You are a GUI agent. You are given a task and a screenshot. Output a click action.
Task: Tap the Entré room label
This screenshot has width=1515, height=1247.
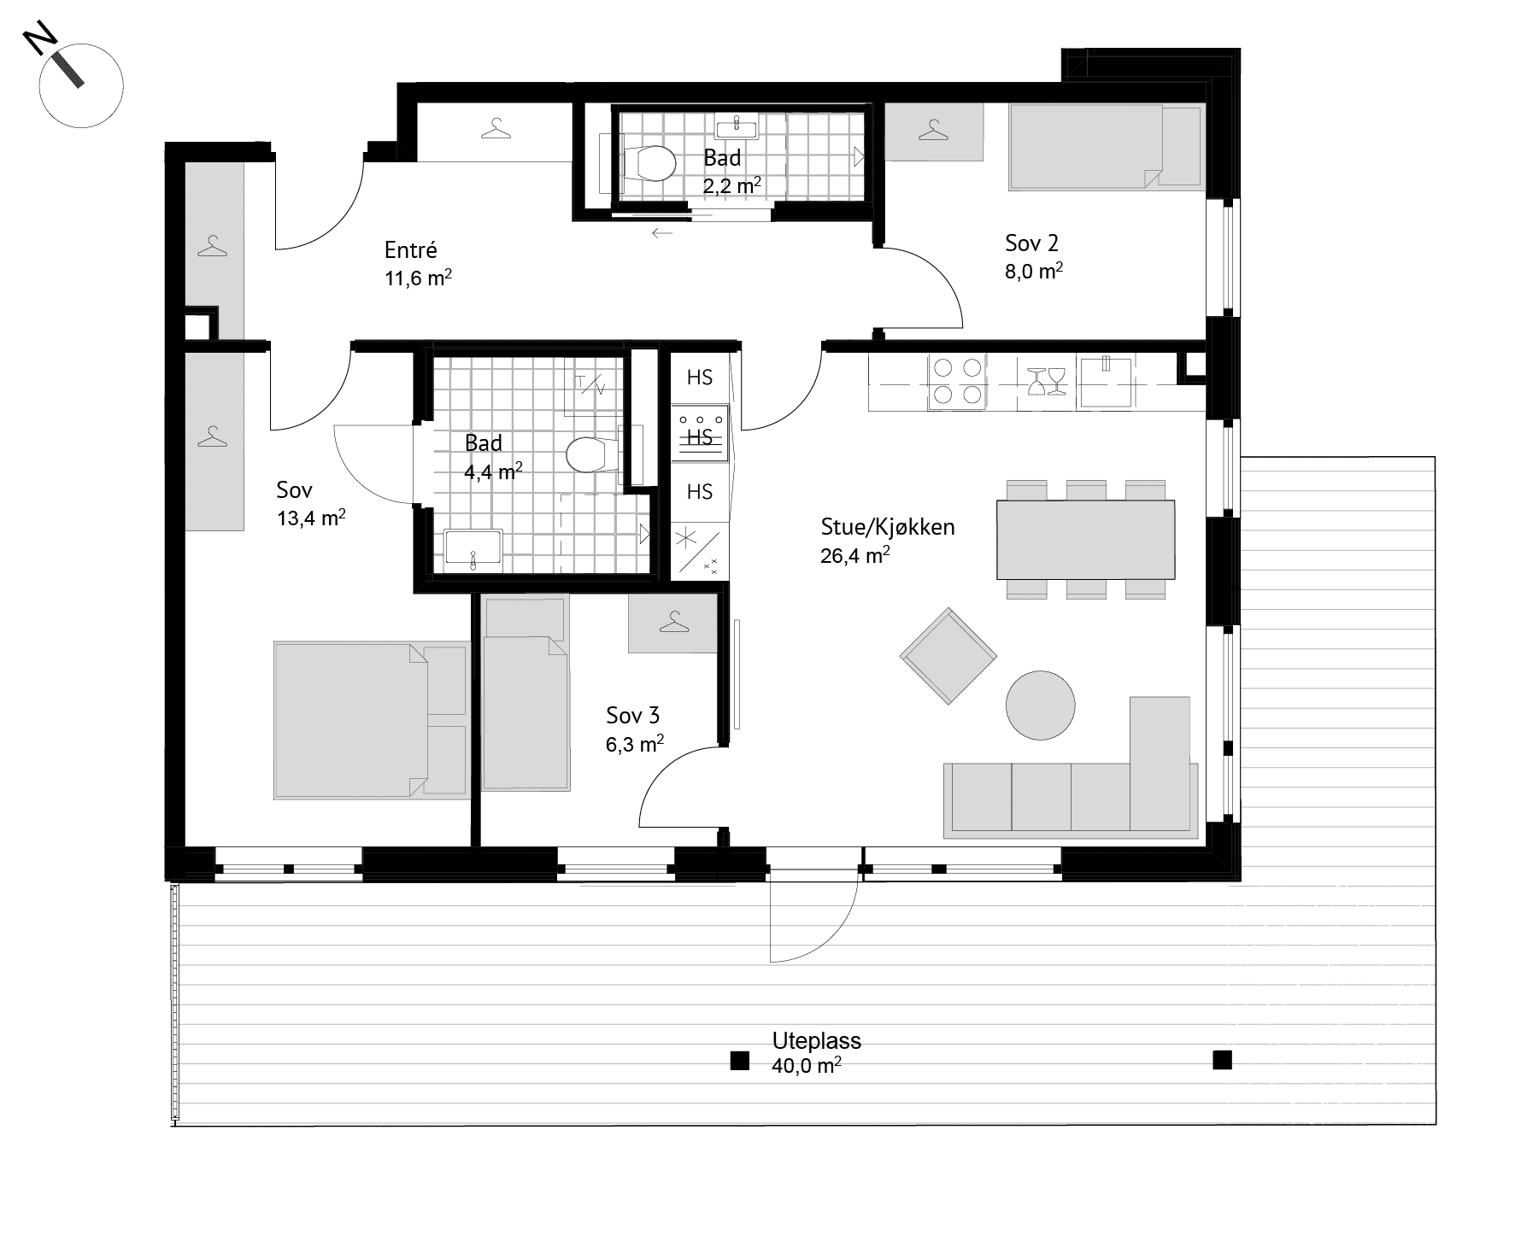click(x=411, y=250)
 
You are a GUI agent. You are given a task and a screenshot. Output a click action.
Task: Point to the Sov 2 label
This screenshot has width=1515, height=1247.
click(x=1032, y=243)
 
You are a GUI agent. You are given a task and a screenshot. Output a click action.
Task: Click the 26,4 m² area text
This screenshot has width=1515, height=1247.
click(x=855, y=555)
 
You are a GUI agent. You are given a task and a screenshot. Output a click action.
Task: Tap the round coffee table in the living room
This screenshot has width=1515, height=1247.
click(x=1040, y=705)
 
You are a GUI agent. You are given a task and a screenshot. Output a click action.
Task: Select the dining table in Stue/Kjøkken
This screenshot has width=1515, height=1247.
click(x=1085, y=539)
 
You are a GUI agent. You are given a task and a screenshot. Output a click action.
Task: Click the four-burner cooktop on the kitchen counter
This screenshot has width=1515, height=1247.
click(x=957, y=381)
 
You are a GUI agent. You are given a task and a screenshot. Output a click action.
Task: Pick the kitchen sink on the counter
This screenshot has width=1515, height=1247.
click(x=1106, y=381)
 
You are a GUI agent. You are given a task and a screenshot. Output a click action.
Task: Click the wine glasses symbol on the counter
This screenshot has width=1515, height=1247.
click(x=1047, y=381)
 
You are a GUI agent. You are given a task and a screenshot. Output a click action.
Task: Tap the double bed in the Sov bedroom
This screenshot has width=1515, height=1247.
click(x=371, y=720)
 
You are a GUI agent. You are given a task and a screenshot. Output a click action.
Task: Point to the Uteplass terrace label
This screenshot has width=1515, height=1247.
click(x=817, y=1041)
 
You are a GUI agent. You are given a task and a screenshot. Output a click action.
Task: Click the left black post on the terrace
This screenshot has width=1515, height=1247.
click(x=739, y=1061)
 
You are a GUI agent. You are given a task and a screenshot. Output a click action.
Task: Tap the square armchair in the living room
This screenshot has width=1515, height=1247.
click(x=948, y=656)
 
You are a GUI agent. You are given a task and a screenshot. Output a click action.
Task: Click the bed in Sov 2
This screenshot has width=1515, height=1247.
click(x=1107, y=146)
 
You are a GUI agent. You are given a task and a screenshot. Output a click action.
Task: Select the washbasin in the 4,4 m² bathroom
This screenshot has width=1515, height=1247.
click(x=473, y=550)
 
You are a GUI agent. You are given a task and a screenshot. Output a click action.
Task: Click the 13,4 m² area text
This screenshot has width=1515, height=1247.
click(x=312, y=518)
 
